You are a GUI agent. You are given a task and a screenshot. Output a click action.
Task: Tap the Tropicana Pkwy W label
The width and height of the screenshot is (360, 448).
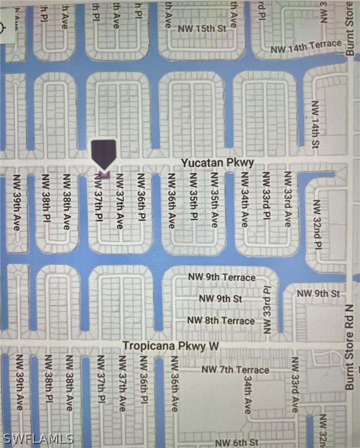coord(171,346)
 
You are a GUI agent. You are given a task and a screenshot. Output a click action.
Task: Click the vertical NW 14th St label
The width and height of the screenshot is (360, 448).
coord(316,124)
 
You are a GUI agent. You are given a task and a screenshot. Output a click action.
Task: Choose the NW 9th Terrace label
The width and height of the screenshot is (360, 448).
coord(222,277)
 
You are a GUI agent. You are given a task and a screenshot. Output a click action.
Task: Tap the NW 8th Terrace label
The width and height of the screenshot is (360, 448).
coord(221,320)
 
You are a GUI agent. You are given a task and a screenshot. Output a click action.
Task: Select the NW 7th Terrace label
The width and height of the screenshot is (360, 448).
coord(235,370)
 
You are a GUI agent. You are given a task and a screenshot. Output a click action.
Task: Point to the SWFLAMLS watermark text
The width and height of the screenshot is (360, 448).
coord(37,438)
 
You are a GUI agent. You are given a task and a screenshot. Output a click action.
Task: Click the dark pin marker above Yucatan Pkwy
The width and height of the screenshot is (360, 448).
coord(104,153)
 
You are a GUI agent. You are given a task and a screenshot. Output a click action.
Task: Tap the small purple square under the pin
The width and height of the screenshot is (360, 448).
coord(104,174)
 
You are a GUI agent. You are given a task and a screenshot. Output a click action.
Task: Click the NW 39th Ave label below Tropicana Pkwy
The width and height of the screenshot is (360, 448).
coord(19,382)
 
